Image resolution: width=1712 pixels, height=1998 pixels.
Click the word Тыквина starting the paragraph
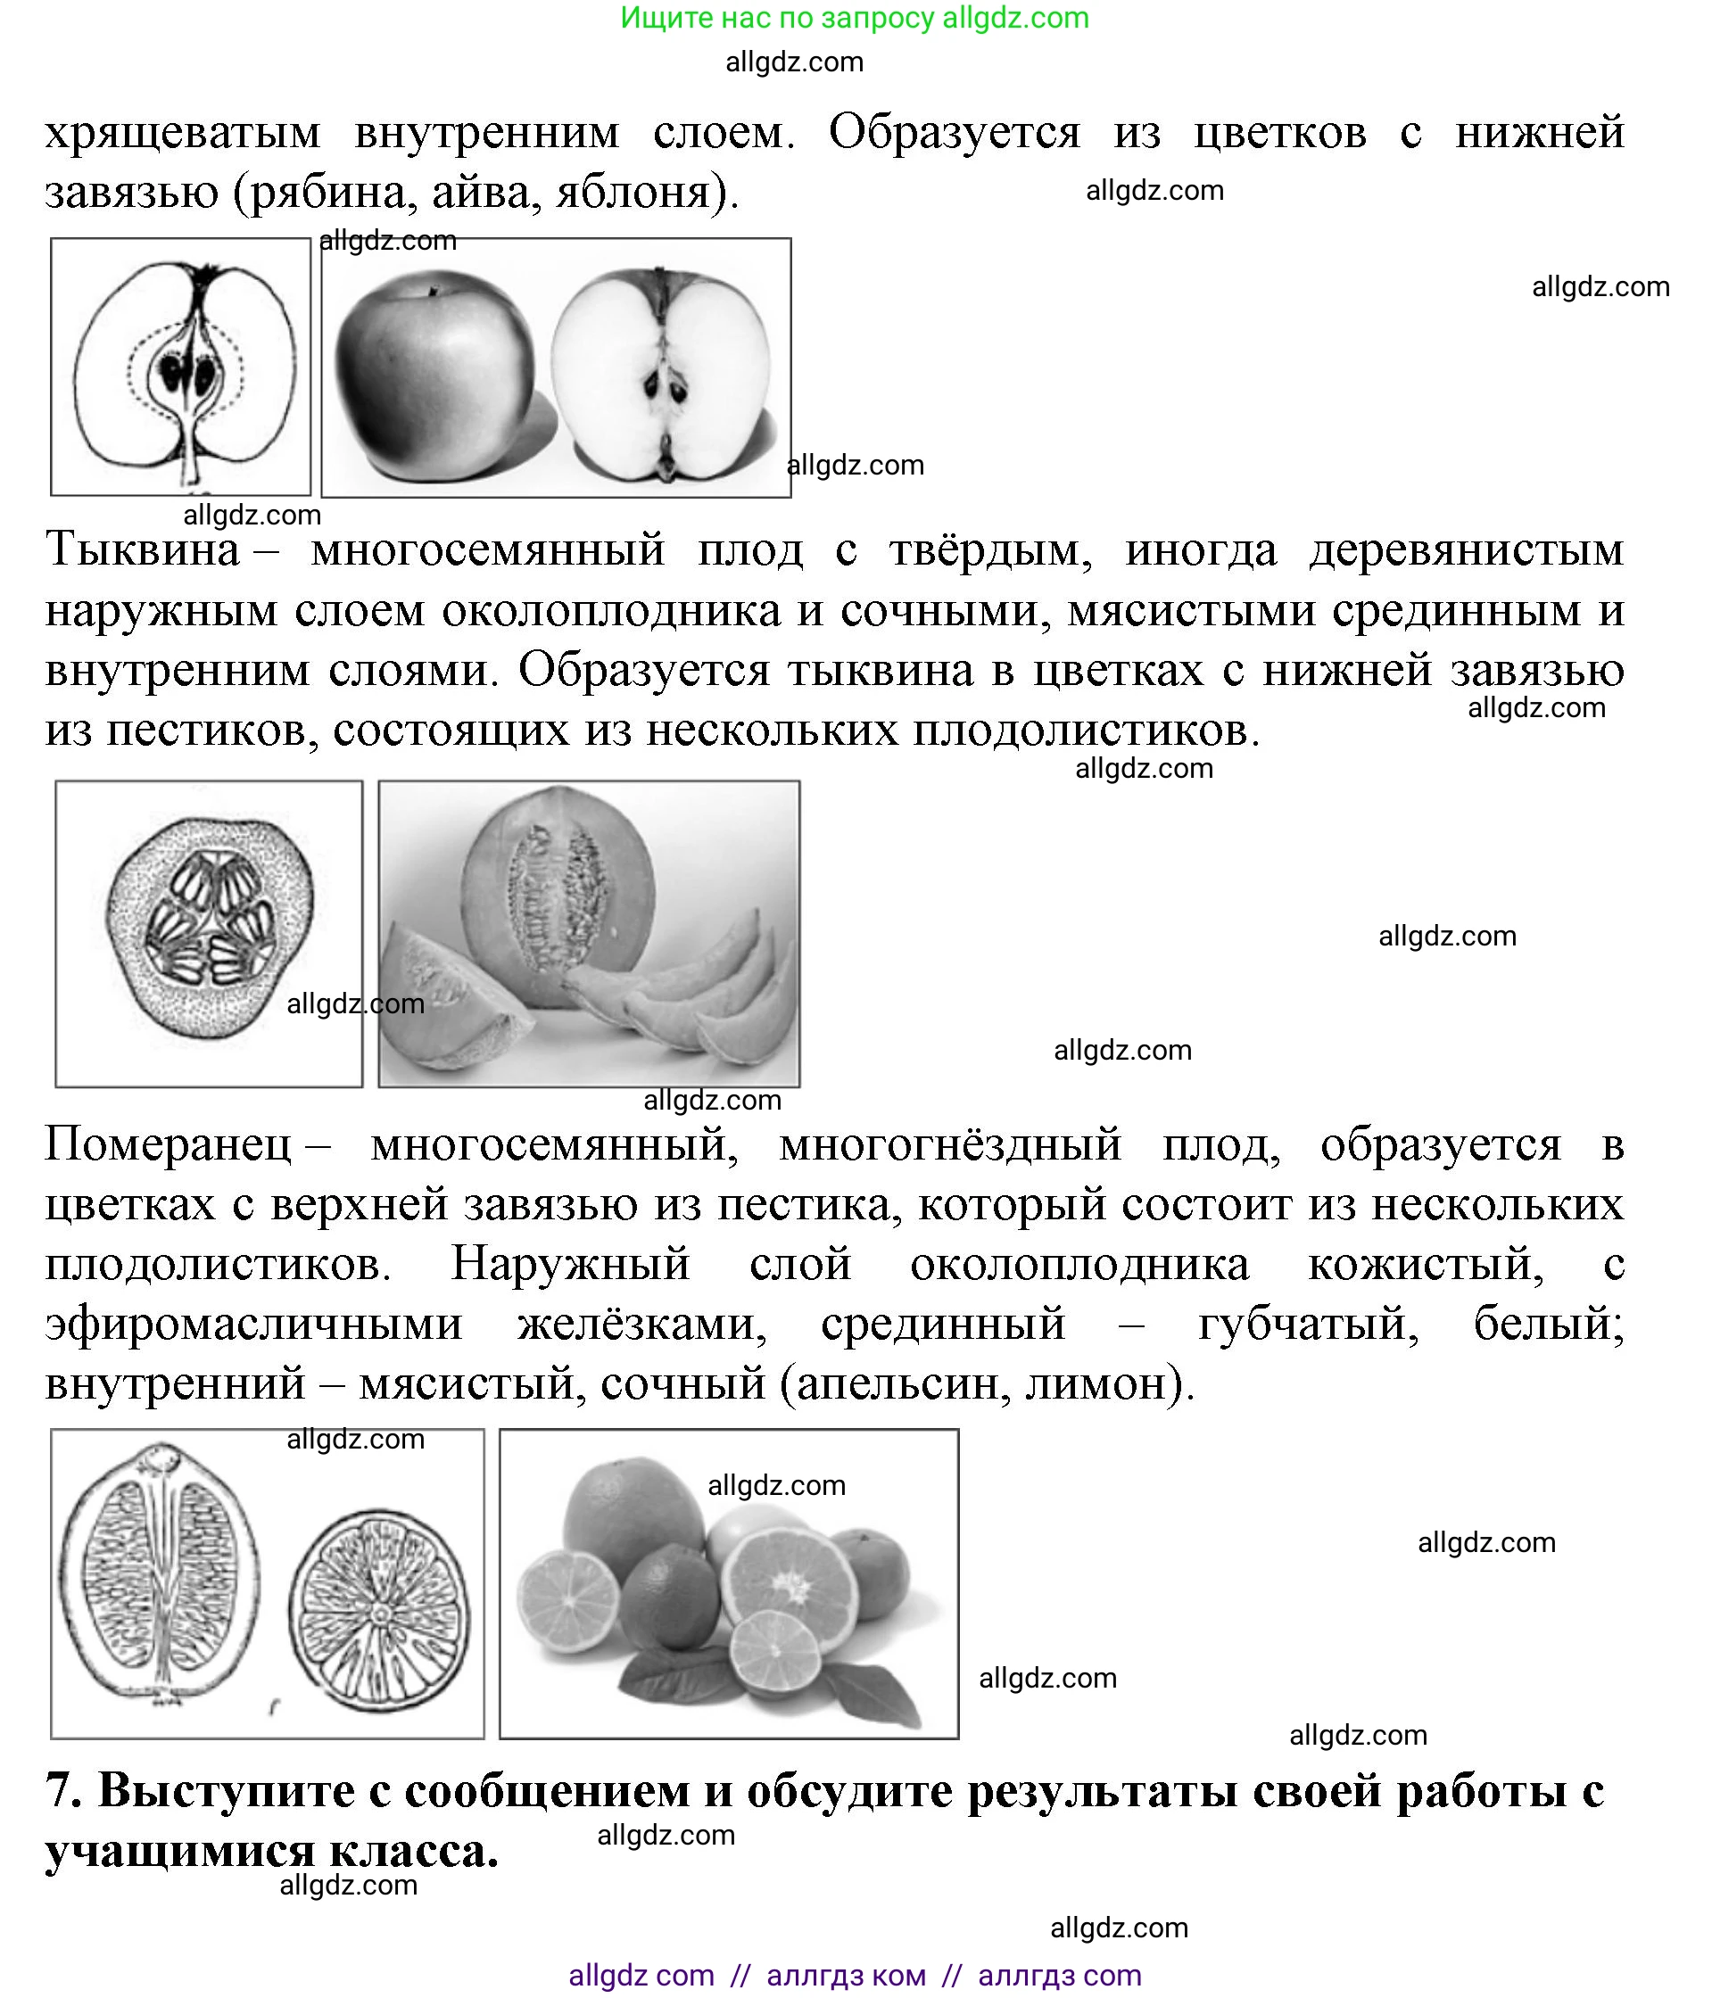click(x=142, y=550)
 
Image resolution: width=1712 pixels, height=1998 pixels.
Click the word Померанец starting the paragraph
click(x=168, y=1145)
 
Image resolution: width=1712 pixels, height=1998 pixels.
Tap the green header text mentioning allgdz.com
click(x=855, y=17)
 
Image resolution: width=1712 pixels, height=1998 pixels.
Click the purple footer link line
click(x=855, y=1975)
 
